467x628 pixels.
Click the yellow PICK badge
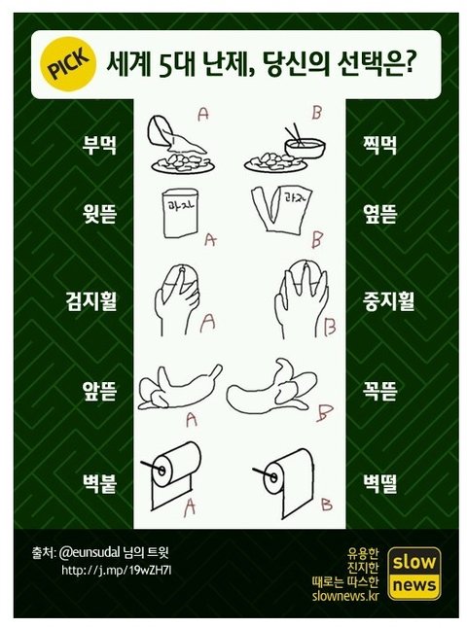(68, 64)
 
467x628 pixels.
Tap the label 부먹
(99, 145)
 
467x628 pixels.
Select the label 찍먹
(378, 145)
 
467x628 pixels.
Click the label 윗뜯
(99, 214)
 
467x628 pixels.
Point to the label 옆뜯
(378, 214)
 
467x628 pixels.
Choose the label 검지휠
(91, 301)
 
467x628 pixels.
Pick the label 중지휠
(388, 301)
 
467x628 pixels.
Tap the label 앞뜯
(99, 391)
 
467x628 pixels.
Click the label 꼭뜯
(378, 391)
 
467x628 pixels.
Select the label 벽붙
(99, 484)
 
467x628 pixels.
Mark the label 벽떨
(379, 484)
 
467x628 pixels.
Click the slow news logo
(414, 574)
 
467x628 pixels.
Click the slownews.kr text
(345, 596)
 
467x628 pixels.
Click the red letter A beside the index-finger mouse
(207, 323)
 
